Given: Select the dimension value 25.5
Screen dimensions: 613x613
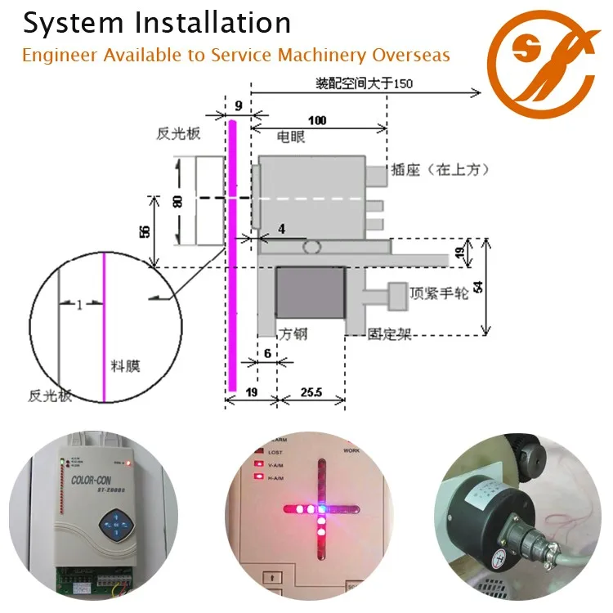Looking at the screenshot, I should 312,393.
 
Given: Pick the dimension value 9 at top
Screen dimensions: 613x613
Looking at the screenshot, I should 238,105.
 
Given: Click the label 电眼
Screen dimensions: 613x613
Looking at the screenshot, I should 292,136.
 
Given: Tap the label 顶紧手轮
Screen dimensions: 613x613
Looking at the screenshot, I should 439,293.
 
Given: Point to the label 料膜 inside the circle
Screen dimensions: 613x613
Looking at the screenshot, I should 124,366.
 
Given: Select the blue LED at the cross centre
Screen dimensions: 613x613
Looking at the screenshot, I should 323,508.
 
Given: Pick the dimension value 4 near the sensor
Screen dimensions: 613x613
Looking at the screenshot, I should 281,230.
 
